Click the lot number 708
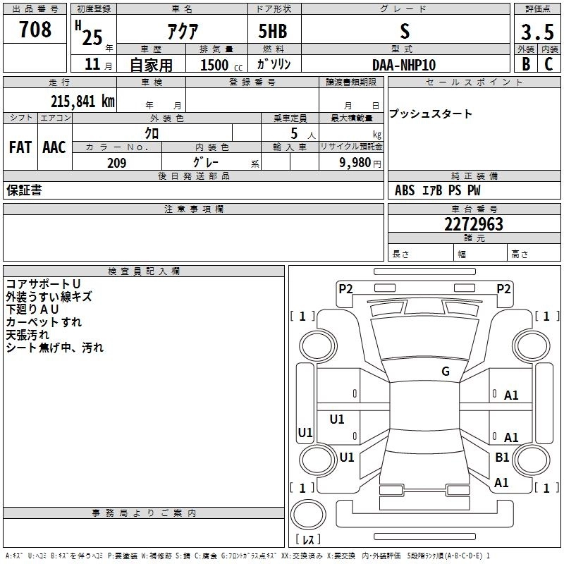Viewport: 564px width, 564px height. click(35, 30)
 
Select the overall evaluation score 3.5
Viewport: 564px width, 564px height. click(537, 32)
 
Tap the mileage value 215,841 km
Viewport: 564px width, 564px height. click(82, 101)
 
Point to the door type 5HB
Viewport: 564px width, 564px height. click(274, 32)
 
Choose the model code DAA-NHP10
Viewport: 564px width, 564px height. click(404, 65)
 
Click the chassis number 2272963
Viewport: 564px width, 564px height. click(474, 224)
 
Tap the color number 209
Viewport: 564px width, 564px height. click(116, 163)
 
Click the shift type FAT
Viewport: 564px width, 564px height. click(20, 147)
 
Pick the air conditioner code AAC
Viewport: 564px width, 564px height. click(54, 147)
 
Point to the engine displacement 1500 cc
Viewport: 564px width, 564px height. click(219, 65)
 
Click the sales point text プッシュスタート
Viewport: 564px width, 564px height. click(431, 114)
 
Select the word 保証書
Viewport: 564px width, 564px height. click(24, 190)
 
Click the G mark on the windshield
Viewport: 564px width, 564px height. click(446, 372)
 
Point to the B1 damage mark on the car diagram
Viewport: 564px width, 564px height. click(502, 458)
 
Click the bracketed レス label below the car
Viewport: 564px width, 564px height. click(308, 540)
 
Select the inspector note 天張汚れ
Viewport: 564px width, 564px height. click(29, 335)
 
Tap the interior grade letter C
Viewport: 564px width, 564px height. click(548, 65)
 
